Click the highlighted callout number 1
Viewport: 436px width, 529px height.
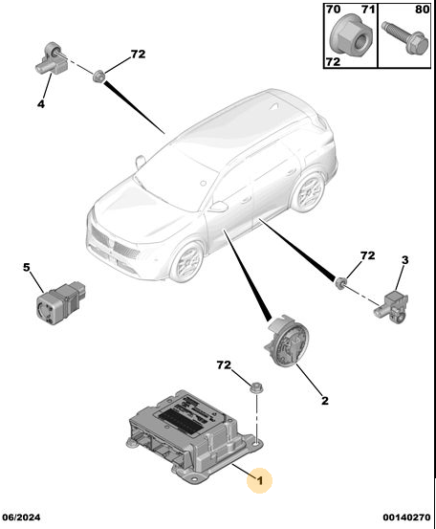(x=260, y=480)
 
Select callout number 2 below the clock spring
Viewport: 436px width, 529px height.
(x=325, y=401)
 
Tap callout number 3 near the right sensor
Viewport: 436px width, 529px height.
(x=405, y=260)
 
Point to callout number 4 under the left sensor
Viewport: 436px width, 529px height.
(x=41, y=104)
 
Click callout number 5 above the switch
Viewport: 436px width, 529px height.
(x=27, y=267)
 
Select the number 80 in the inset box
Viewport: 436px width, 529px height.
(x=423, y=10)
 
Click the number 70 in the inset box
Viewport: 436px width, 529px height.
(x=333, y=10)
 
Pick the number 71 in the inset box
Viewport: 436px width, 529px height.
(x=368, y=10)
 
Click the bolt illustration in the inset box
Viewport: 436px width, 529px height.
(x=405, y=38)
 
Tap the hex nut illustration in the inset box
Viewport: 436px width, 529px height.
(x=351, y=36)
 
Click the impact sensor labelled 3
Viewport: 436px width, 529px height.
(x=391, y=307)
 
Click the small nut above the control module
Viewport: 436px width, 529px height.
(x=256, y=387)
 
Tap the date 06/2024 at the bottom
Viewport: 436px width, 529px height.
(x=21, y=518)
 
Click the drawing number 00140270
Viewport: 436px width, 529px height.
(x=406, y=518)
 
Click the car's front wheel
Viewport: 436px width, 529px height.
(x=187, y=261)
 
